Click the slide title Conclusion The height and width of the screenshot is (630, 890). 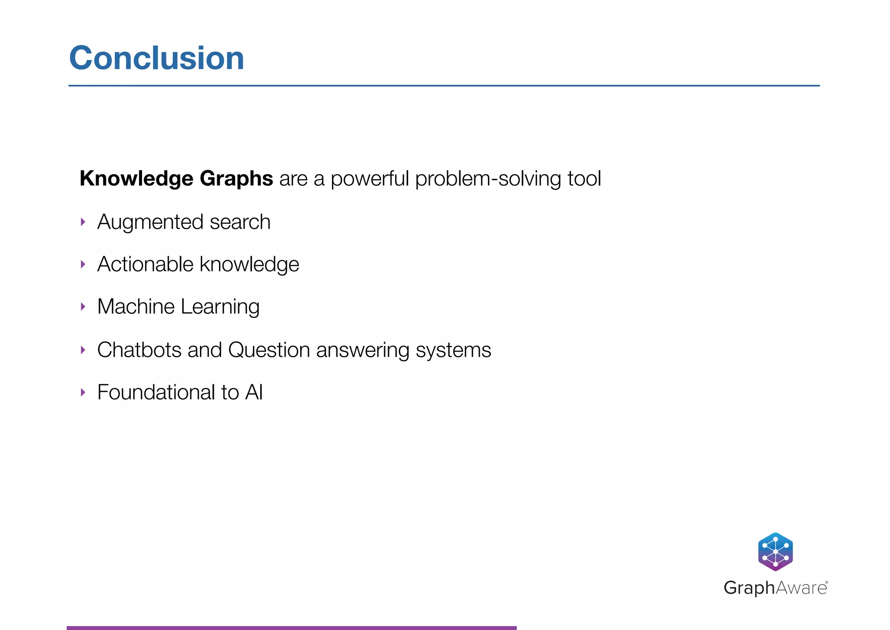(156, 58)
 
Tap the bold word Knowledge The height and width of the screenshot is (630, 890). (136, 178)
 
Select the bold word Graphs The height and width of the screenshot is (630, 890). (236, 178)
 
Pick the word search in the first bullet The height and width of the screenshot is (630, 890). (240, 222)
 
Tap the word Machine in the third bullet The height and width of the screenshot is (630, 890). (136, 306)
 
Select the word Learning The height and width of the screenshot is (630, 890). (220, 307)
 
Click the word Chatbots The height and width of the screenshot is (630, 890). (139, 350)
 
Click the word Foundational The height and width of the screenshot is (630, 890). (156, 392)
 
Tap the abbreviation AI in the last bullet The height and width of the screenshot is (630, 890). (254, 392)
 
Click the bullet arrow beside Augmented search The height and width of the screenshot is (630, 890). (83, 222)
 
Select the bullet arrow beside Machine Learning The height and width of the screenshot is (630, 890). (83, 307)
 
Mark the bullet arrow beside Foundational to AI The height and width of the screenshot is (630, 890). (83, 392)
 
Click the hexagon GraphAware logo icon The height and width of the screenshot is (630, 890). (775, 552)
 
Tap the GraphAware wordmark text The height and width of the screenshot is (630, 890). (775, 588)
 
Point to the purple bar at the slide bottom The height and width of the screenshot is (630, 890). (291, 627)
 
